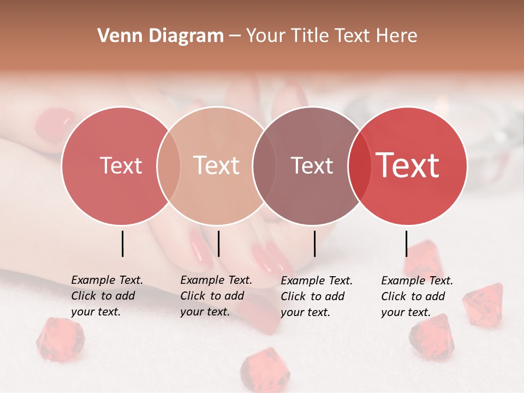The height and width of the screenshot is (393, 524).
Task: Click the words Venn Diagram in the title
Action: pos(160,36)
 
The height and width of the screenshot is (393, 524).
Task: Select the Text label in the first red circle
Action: pos(121,165)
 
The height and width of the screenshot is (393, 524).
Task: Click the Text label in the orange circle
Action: pos(217,165)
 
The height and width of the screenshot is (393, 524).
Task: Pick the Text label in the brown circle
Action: pos(312,165)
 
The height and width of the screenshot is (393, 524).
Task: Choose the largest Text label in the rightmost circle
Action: pos(408,165)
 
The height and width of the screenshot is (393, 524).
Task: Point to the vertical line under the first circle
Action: pos(123,243)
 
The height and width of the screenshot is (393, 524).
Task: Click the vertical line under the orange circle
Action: pos(218,243)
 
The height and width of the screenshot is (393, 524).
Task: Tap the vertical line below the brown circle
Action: pos(315,243)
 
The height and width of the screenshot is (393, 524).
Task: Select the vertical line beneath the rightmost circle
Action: pos(406,243)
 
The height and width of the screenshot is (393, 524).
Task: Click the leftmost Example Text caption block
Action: pos(106,296)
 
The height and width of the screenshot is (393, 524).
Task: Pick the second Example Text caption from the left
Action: pos(216,296)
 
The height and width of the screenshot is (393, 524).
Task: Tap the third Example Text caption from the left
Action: pos(316,296)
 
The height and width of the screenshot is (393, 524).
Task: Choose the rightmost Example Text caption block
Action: pos(416,296)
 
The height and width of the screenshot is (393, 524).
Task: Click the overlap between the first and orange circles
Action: pos(169,165)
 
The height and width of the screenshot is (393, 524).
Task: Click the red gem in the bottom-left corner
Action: pos(60,340)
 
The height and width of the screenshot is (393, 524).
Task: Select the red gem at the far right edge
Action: pos(483,303)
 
